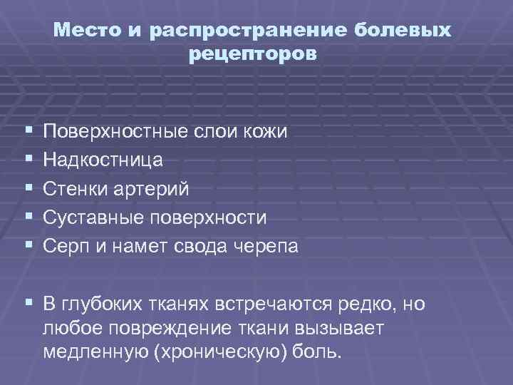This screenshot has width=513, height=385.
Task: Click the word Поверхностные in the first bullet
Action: (113, 132)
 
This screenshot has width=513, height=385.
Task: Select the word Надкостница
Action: (103, 160)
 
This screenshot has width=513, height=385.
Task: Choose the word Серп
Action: (66, 246)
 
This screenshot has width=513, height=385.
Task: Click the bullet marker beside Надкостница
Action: (28, 160)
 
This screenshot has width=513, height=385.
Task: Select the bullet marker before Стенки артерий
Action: (28, 189)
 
